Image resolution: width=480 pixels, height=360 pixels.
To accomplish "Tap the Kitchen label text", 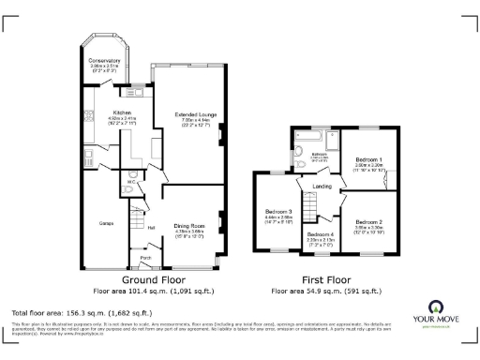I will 122,112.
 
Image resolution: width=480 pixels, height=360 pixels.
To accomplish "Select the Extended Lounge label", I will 196,114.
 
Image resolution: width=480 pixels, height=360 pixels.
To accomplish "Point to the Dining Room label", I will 189,226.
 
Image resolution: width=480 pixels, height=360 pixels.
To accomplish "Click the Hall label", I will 150,226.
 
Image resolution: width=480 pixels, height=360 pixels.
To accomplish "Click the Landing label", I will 322,187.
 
